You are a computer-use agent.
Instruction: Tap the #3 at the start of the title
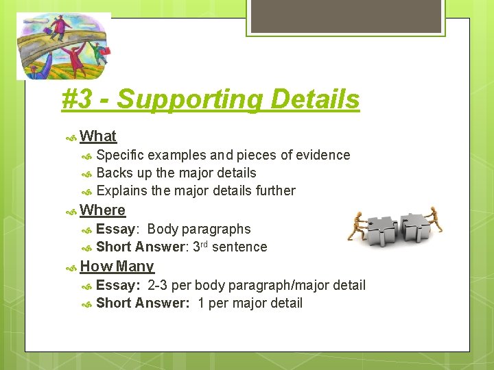(78, 99)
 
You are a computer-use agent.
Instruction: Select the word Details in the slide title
(315, 99)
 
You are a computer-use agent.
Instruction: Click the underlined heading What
(98, 136)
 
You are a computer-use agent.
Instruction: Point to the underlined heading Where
(103, 210)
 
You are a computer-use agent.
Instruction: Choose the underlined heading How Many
(117, 267)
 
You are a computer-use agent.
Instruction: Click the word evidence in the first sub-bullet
(322, 156)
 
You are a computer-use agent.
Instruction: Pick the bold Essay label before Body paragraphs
(115, 230)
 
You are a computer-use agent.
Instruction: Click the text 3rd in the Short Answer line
(200, 247)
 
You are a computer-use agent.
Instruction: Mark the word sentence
(239, 247)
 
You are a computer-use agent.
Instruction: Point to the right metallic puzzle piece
(415, 230)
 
